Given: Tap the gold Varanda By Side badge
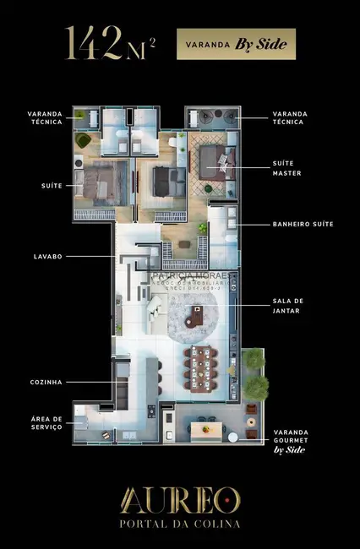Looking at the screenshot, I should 236,43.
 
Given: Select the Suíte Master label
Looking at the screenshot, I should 286,169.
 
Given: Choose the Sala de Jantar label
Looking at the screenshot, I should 288,306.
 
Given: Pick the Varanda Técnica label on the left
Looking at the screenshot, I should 46,117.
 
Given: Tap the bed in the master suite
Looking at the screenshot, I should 210,158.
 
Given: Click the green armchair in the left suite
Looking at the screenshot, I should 83,141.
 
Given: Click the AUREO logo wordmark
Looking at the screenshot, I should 179,499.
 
